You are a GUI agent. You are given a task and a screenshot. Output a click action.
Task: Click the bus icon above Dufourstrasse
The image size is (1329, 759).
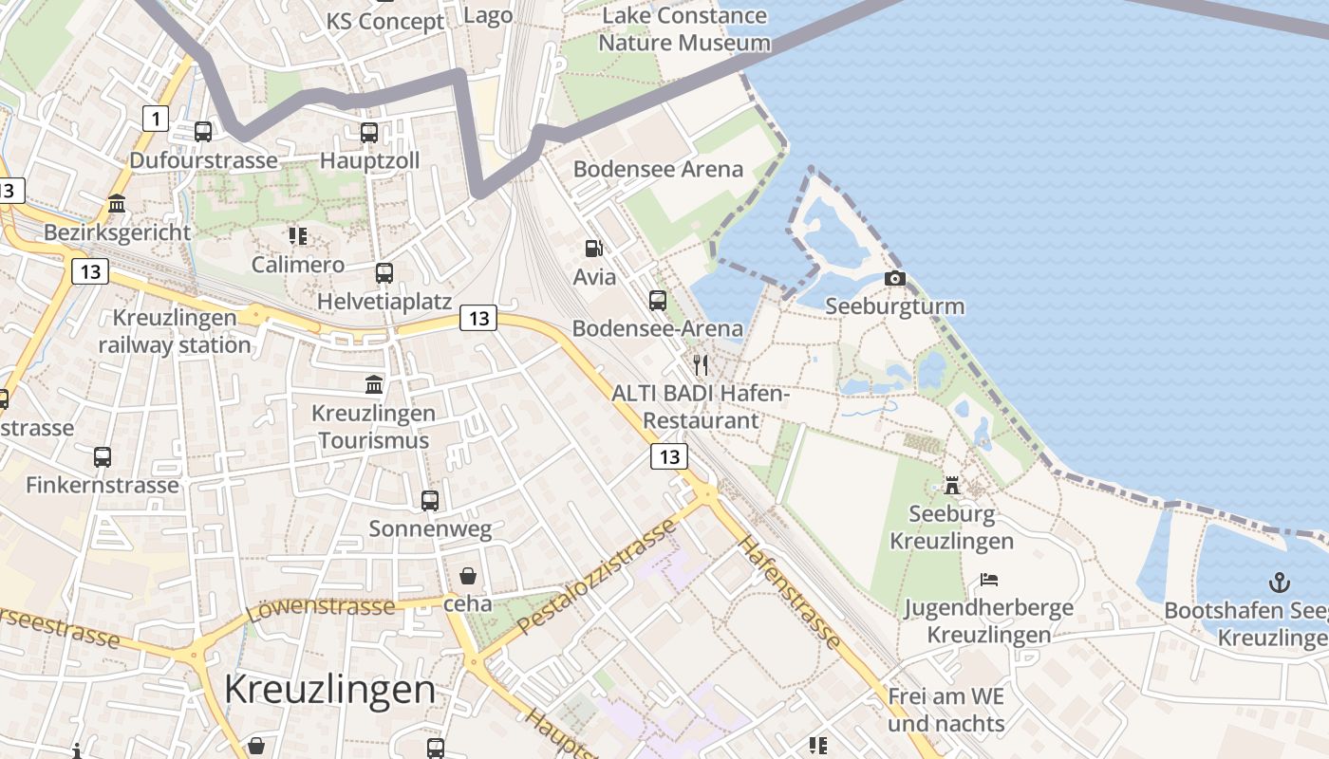click(x=203, y=132)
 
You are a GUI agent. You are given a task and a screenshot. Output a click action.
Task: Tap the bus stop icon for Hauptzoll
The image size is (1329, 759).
click(x=369, y=133)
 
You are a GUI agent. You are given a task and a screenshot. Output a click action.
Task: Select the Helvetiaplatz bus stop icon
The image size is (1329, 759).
click(x=384, y=273)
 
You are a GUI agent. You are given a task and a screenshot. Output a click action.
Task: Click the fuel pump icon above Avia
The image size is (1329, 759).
click(x=594, y=249)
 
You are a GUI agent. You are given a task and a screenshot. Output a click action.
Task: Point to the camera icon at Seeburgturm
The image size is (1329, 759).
click(x=894, y=278)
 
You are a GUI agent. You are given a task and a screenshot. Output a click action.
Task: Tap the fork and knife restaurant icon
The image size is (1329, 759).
click(x=701, y=365)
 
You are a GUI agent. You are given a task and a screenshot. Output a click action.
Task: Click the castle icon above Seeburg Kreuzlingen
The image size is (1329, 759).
click(x=952, y=486)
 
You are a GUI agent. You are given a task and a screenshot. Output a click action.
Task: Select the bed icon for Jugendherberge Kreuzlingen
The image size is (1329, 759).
click(x=989, y=579)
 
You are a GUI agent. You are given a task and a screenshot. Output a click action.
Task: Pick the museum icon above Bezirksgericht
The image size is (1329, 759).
click(x=118, y=203)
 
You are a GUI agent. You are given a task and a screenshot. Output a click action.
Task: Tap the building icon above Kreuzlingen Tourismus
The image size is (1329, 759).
click(x=374, y=385)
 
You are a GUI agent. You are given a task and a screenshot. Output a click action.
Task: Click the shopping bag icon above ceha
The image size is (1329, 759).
click(x=468, y=575)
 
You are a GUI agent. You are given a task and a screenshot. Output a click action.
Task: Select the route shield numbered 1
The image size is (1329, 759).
click(x=155, y=119)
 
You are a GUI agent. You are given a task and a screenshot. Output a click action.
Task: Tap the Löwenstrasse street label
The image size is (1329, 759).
click(x=320, y=607)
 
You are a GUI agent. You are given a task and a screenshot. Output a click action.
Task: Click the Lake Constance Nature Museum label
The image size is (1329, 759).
click(x=684, y=29)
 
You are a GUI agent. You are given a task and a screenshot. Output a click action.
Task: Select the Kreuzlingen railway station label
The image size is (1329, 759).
click(x=175, y=331)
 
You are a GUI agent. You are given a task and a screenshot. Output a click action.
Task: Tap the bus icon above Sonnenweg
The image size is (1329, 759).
click(x=430, y=500)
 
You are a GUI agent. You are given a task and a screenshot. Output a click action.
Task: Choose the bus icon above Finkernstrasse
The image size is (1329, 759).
click(x=103, y=456)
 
